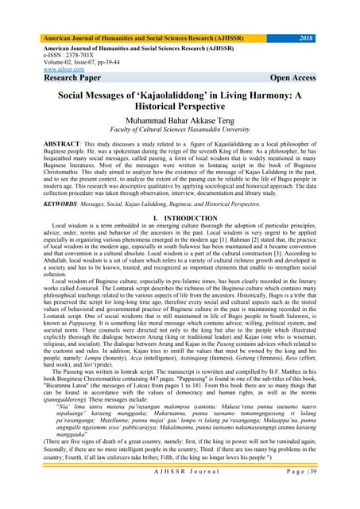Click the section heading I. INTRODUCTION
(180, 239)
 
